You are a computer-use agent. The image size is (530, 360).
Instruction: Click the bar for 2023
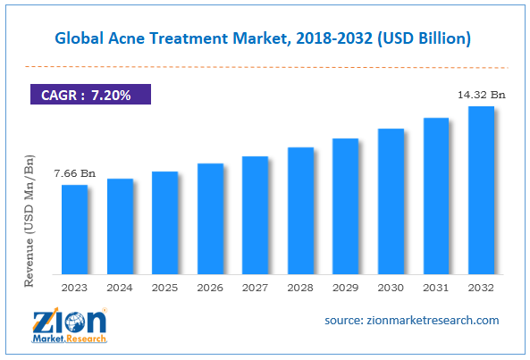[75, 229]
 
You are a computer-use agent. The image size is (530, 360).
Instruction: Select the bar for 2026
[210, 218]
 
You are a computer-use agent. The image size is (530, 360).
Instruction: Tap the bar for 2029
[345, 205]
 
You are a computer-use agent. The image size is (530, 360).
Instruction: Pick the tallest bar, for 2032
[480, 189]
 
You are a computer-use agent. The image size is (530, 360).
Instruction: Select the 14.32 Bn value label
[479, 94]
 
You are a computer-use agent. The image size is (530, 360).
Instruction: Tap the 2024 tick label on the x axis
[120, 288]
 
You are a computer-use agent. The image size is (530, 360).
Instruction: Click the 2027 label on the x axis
[255, 288]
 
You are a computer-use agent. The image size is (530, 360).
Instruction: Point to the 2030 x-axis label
[390, 288]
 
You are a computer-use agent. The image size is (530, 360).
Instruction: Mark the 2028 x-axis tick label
[300, 288]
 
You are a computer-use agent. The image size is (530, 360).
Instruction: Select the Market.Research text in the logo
[71, 339]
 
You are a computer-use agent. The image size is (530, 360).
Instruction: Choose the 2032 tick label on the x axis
[480, 288]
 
